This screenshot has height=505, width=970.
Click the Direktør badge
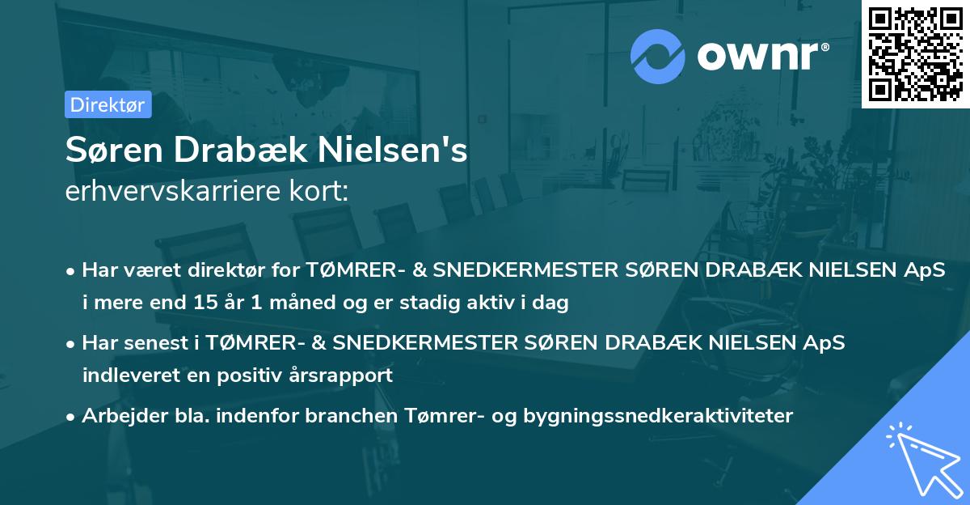[x=108, y=104]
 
